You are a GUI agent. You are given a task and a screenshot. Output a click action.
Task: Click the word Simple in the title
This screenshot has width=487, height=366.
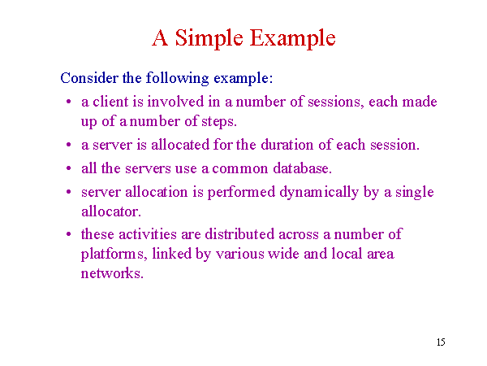point(209,39)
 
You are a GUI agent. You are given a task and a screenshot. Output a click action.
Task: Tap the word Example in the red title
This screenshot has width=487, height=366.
point(292,39)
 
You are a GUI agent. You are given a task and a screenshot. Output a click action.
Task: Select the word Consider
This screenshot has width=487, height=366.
point(89,78)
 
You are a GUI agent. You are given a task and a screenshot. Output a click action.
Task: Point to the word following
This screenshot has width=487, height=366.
point(177,78)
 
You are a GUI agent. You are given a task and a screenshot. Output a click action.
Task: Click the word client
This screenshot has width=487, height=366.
point(110,102)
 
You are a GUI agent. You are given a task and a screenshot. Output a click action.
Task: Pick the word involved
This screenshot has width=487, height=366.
point(175,102)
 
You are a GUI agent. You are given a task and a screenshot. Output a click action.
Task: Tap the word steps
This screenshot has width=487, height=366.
point(219,122)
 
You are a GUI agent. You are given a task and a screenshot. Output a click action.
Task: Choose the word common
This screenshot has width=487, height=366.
point(239,169)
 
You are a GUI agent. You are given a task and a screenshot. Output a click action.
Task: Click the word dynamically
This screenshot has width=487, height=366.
point(319,193)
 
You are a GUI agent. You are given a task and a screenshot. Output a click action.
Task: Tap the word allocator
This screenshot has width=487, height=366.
point(111,211)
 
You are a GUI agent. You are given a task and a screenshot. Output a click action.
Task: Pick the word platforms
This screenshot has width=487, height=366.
point(114,255)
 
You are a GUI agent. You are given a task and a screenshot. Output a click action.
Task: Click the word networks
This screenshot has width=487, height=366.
point(112,273)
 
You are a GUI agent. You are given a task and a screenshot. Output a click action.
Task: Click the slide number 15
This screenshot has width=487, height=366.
point(441,342)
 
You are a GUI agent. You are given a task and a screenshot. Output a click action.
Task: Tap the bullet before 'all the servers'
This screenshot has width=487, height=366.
point(69,168)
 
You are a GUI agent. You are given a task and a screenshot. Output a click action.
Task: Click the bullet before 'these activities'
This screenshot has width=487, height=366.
point(69,234)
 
